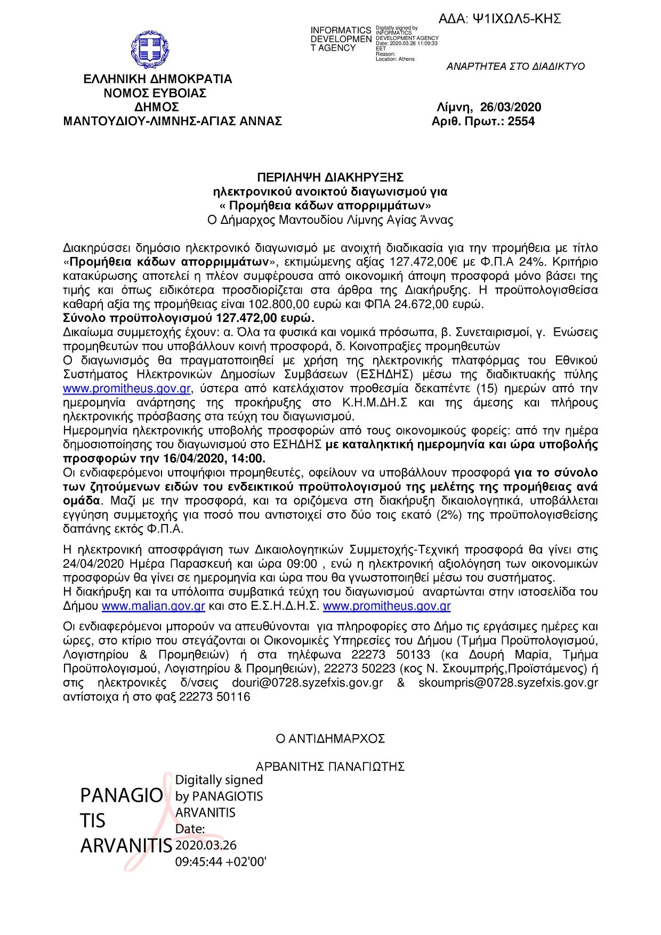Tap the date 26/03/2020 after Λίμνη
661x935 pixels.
pyautogui.click(x=510, y=107)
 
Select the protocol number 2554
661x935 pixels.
pyautogui.click(x=521, y=122)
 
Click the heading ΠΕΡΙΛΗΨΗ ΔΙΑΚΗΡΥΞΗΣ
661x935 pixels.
pyautogui.click(x=330, y=177)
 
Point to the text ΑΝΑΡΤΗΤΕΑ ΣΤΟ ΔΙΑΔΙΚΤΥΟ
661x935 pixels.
pyautogui.click(x=515, y=67)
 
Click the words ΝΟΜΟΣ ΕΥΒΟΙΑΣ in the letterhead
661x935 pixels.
pyautogui.click(x=155, y=93)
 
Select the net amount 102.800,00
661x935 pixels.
pyautogui.click(x=276, y=304)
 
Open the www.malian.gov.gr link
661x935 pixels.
pyautogui.click(x=154, y=606)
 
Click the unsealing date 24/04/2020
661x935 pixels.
pyautogui.click(x=93, y=564)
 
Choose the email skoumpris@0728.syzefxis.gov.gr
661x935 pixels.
pyautogui.click(x=507, y=683)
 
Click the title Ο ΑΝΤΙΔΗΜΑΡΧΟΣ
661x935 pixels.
pyautogui.click(x=330, y=739)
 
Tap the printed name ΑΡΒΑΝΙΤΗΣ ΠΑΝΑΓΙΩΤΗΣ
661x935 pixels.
pyautogui.click(x=330, y=767)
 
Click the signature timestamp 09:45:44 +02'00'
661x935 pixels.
pyautogui.click(x=221, y=861)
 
